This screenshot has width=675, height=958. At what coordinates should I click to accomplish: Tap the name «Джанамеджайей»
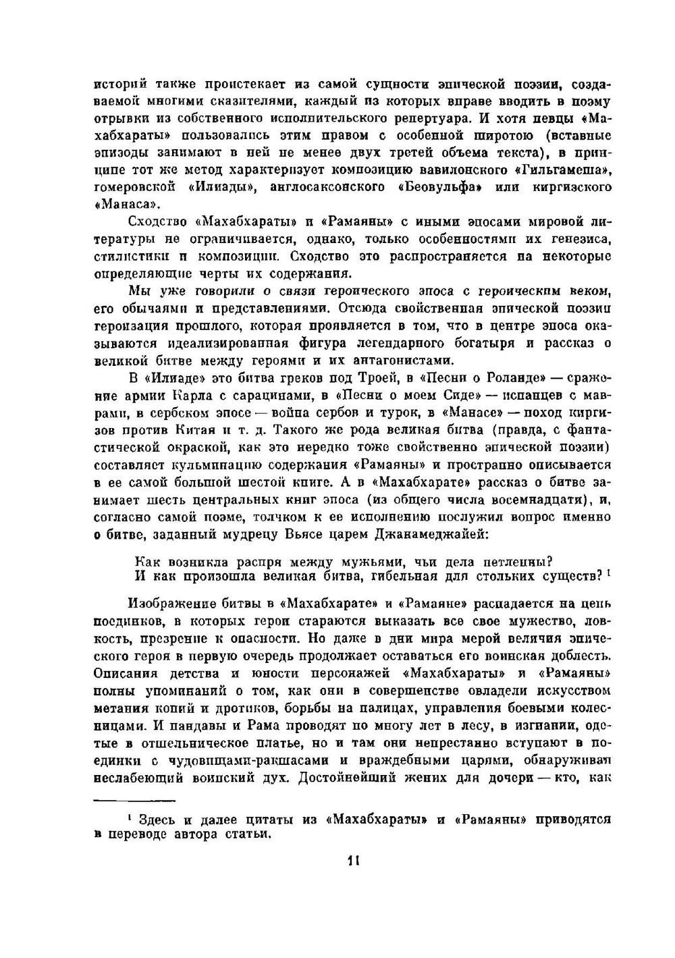[x=425, y=535]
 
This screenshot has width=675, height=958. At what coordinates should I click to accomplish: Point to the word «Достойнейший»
[x=353, y=778]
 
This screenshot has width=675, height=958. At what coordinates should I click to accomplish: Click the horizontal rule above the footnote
[x=134, y=801]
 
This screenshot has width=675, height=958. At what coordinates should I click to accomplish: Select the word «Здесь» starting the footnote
[x=157, y=820]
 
